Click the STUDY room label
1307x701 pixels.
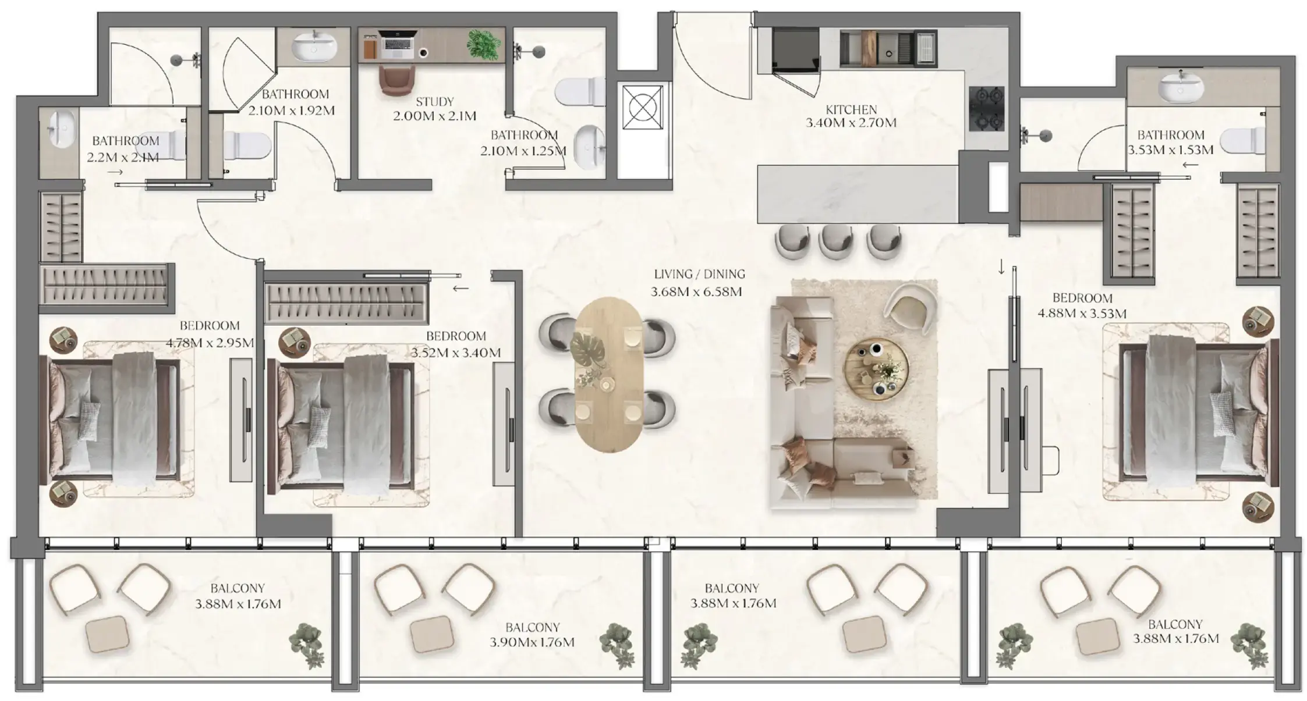434,102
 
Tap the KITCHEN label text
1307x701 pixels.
851,109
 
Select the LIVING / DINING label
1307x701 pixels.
699,274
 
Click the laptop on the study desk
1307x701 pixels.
396,44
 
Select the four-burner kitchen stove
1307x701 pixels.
986,108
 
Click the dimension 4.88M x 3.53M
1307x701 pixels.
1082,314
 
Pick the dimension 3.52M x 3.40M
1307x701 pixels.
455,353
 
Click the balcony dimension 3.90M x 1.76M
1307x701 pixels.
532,642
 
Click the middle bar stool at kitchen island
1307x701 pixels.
837,241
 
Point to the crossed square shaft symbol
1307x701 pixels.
642,107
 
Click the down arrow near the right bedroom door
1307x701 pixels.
1001,267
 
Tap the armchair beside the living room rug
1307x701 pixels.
909,307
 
